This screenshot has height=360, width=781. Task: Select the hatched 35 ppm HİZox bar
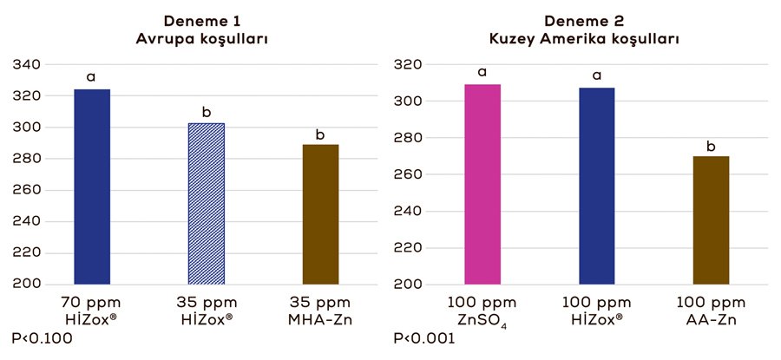click(x=207, y=204)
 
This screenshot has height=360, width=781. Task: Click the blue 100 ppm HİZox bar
click(x=596, y=186)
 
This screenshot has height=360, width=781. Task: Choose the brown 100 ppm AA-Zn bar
click(x=711, y=220)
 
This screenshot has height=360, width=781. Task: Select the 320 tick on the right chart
click(x=409, y=65)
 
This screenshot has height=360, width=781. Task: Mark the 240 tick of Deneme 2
click(x=409, y=211)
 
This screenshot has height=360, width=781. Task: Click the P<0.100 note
click(x=43, y=337)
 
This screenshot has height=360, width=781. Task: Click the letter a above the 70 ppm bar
click(x=91, y=77)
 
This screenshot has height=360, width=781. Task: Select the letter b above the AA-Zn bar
click(x=711, y=146)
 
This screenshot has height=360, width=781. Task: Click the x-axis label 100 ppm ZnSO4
click(x=482, y=311)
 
